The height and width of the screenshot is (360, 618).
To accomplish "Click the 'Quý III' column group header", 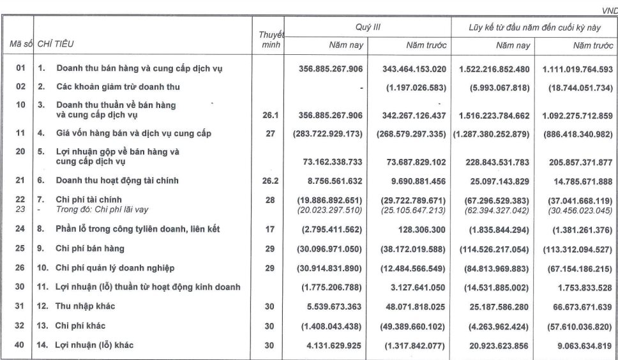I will pyautogui.click(x=372, y=27).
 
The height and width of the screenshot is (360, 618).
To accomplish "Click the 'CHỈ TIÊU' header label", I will pyautogui.click(x=55, y=44).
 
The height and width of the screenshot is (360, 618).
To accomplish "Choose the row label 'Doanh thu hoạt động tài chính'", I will pyautogui.click(x=117, y=181).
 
